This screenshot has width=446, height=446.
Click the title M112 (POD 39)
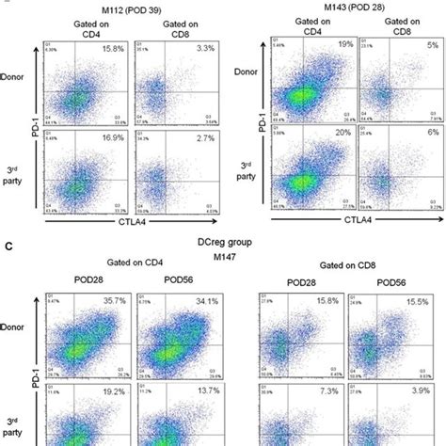coord(121,5)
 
